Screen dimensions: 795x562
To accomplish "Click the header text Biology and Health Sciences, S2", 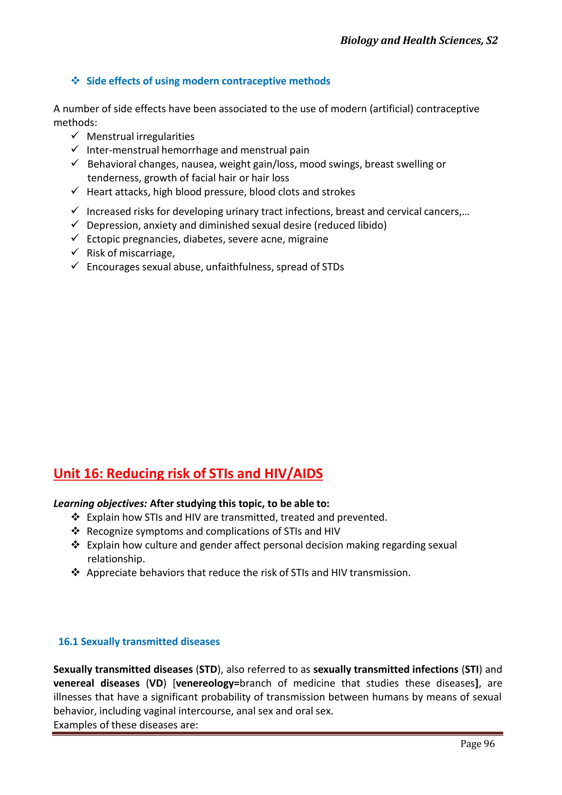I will click(x=419, y=41).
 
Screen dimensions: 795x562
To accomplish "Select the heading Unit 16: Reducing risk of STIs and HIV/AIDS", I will click(x=188, y=473).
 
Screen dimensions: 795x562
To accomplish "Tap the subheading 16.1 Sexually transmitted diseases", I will click(x=139, y=641).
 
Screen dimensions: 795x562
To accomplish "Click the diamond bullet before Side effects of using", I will click(x=75, y=81).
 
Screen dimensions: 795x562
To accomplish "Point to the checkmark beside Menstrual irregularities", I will click(x=75, y=135).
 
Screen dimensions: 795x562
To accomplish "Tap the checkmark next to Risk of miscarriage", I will click(x=75, y=252).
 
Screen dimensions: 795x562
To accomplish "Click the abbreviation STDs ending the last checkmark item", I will click(x=333, y=267).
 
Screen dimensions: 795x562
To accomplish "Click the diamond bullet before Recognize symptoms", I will click(x=75, y=531).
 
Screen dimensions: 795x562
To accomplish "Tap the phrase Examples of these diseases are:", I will click(x=126, y=725).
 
